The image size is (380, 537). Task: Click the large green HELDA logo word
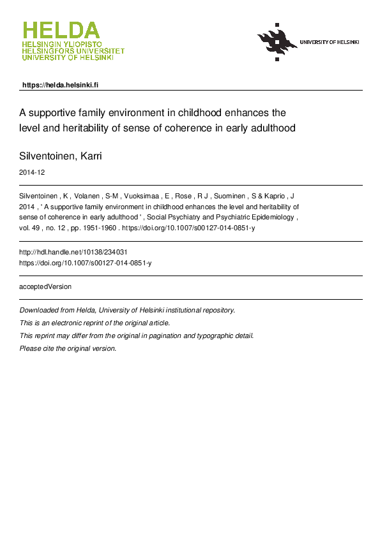tap(61, 31)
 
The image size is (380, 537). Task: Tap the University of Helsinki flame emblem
tap(277, 42)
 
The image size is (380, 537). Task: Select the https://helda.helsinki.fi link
tap(60, 85)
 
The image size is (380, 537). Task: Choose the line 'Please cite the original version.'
tap(68, 349)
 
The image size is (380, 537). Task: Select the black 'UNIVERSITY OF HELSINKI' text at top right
tap(330, 42)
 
